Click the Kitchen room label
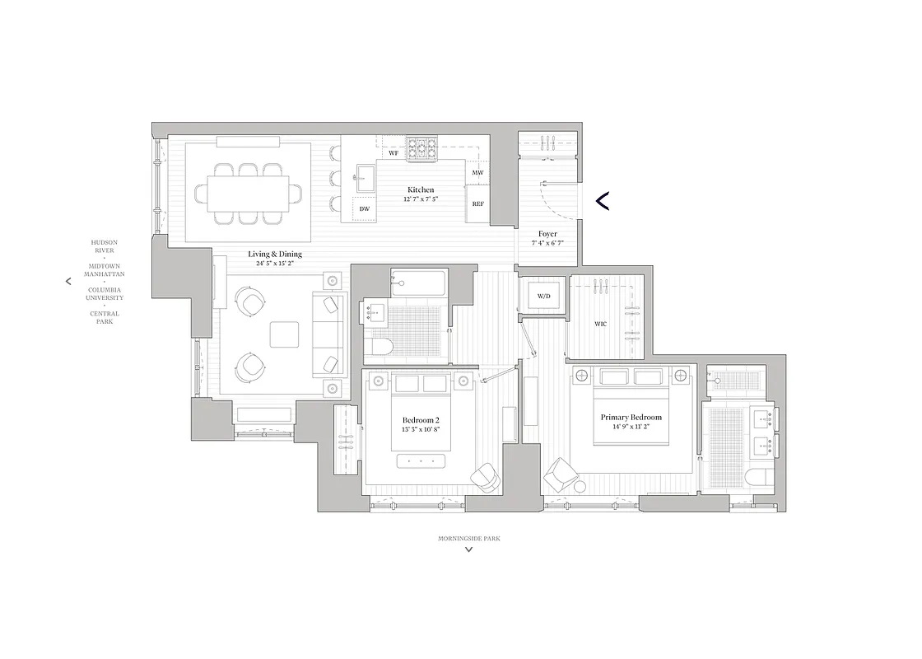pos(420,190)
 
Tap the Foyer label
pos(547,234)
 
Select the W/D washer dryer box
pos(543,295)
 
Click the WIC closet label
pos(600,325)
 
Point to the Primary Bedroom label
pos(631,418)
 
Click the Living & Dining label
pos(275,254)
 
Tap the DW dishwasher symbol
pos(364,209)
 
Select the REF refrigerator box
pos(477,203)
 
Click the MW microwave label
pos(477,172)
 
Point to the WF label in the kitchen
pos(393,153)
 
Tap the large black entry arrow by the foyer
pos(602,200)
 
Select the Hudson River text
pos(104,246)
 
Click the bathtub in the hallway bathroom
pos(418,283)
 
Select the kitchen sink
pos(366,175)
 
